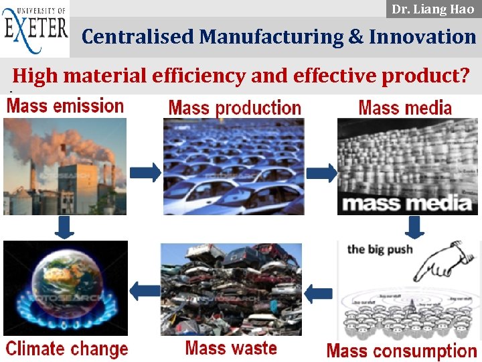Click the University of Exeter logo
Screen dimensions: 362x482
[x=35, y=29]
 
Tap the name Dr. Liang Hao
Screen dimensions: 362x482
[x=432, y=9]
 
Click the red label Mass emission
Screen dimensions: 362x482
[x=65, y=106]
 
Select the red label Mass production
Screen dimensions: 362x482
[x=234, y=108]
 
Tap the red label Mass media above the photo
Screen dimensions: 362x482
[x=405, y=107]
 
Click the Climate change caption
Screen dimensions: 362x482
[x=66, y=349]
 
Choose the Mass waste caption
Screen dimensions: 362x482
[x=231, y=348]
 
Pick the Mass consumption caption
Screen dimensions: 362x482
[x=402, y=351]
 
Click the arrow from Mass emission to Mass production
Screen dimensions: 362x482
[x=145, y=172]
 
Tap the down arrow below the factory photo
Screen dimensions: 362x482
[x=65, y=227]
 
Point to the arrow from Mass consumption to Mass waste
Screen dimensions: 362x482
[x=319, y=293]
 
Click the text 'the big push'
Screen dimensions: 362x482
[x=380, y=249]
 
